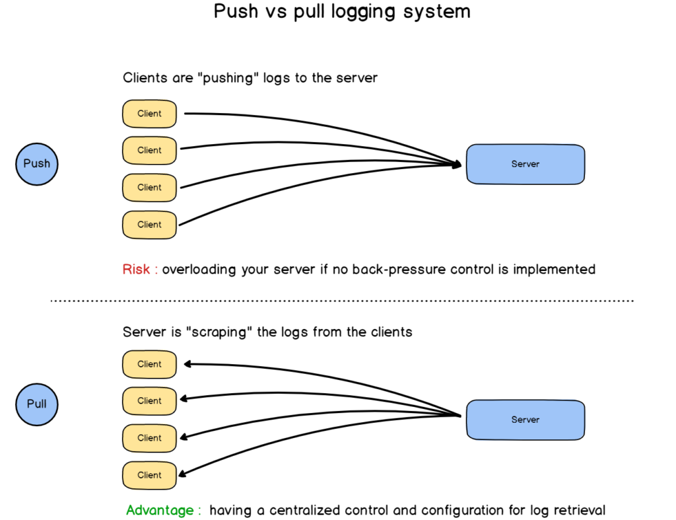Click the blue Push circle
37,163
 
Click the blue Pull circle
37,403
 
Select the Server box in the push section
525,164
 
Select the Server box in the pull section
525,420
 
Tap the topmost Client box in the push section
150,114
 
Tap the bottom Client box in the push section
150,225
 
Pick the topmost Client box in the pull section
150,364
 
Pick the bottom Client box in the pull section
150,475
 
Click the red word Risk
137,270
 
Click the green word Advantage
160,510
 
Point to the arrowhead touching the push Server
456,164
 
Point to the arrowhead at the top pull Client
187,363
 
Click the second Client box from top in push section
150,151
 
